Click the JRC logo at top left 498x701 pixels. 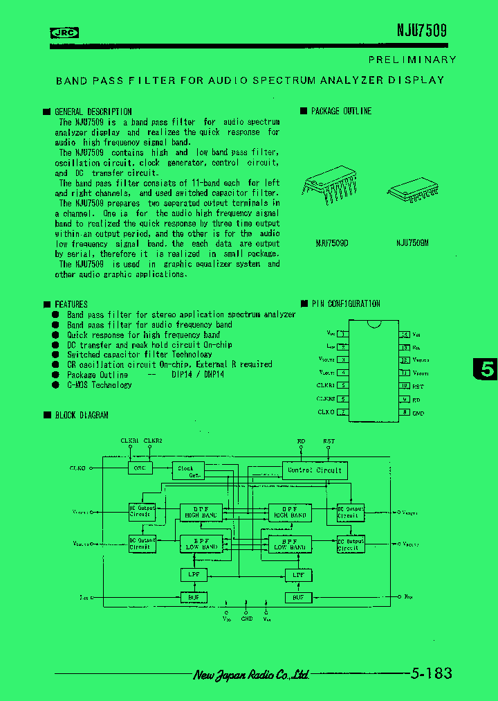pyautogui.click(x=64, y=32)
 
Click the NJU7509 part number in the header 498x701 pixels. pyautogui.click(x=421, y=30)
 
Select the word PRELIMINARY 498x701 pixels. pyautogui.click(x=412, y=60)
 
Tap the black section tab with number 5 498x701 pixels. pyautogui.click(x=486, y=369)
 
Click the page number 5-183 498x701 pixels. pyautogui.click(x=430, y=673)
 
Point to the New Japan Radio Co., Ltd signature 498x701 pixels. pyautogui.click(x=250, y=675)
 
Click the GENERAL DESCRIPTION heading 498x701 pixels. pyautogui.click(x=93, y=112)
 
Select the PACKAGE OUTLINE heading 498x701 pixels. pyautogui.click(x=340, y=111)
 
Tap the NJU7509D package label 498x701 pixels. pyautogui.click(x=331, y=242)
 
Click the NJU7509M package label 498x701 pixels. pyautogui.click(x=412, y=242)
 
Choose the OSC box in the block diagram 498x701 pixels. pyautogui.click(x=139, y=468)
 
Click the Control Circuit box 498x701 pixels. pyautogui.click(x=314, y=470)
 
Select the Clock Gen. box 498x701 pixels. pyautogui.click(x=186, y=471)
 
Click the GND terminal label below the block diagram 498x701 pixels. pyautogui.click(x=247, y=619)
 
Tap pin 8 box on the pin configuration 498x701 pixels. pyautogui.click(x=405, y=412)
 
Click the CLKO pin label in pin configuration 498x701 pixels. pyautogui.click(x=326, y=412)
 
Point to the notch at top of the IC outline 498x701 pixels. pyautogui.click(x=374, y=323)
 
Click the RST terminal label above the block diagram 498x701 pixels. pyautogui.click(x=329, y=441)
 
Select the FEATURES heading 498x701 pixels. pyautogui.click(x=71, y=304)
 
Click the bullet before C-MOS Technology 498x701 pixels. pyautogui.click(x=55, y=384)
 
